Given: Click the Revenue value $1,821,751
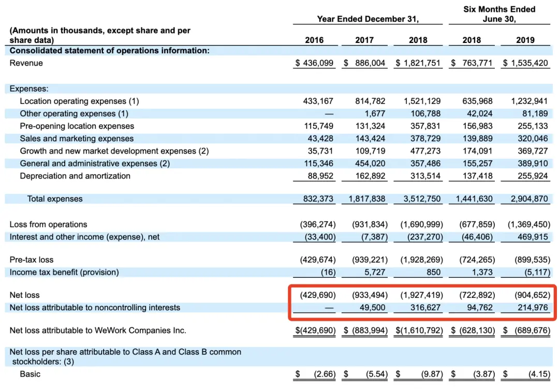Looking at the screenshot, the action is (x=418, y=63).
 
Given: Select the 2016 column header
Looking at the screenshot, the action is (x=314, y=40).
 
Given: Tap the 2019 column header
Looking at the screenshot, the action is (x=525, y=40).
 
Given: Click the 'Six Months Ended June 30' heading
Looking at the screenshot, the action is (x=499, y=14).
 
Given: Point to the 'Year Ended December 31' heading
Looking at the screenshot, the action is (x=367, y=19).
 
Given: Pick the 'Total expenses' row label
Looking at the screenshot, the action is (x=55, y=199).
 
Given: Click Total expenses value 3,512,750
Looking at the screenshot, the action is (x=422, y=199).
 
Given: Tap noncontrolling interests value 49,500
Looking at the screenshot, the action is (x=372, y=307).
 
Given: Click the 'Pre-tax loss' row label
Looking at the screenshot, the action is (x=32, y=260).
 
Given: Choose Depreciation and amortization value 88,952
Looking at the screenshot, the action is (x=320, y=176).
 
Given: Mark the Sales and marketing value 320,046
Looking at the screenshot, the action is (x=533, y=139).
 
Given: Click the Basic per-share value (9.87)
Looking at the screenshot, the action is (x=432, y=374).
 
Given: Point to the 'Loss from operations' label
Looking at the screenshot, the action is (x=48, y=224).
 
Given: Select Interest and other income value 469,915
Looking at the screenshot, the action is (x=533, y=237).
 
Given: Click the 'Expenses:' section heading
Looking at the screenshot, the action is (x=29, y=88).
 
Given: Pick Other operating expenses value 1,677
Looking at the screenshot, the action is (x=375, y=114).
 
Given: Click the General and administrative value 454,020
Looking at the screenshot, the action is (x=370, y=163).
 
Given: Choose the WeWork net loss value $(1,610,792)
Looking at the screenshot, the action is (x=419, y=331).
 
